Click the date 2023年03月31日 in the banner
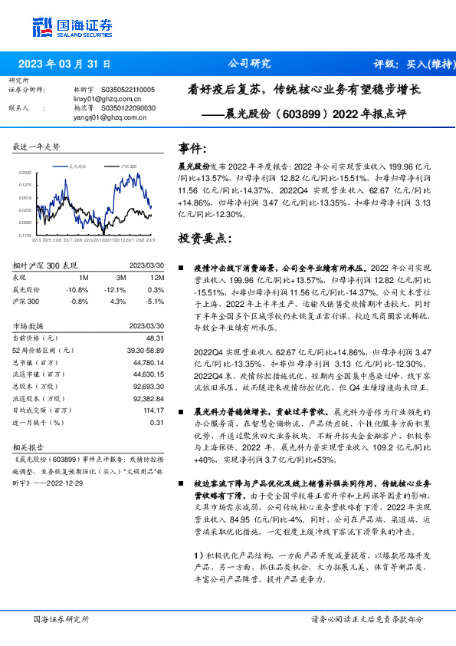click(x=64, y=64)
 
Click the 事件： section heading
click(x=192, y=148)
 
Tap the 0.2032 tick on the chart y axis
click(x=25, y=173)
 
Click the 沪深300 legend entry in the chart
click(x=128, y=166)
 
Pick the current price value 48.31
click(x=156, y=338)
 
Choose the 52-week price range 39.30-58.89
click(x=145, y=349)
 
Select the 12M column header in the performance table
click(x=157, y=279)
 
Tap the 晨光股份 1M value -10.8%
click(x=78, y=290)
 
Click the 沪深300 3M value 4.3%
click(x=117, y=302)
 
